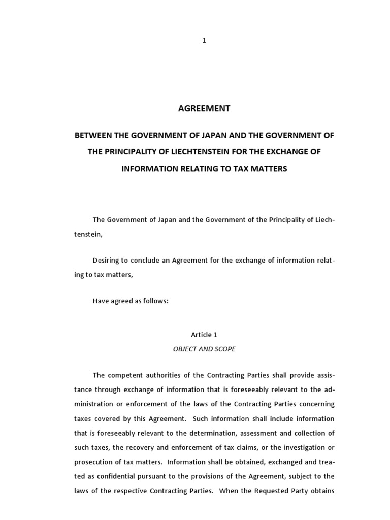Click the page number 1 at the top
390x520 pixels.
point(204,41)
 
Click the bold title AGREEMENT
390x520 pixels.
point(204,108)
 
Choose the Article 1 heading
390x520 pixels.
point(204,335)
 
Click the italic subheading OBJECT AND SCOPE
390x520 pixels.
point(204,349)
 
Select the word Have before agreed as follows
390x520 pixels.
point(101,301)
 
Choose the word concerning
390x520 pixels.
point(317,404)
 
